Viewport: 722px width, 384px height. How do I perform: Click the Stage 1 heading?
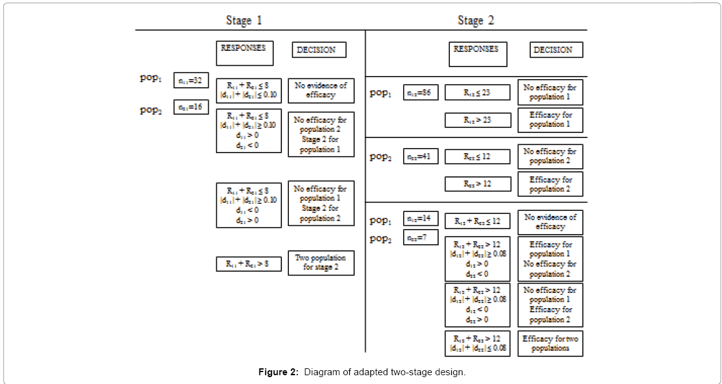244,21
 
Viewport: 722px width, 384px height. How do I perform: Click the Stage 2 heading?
476,21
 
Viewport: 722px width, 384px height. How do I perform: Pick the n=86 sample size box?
421,92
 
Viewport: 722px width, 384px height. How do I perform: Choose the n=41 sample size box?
421,156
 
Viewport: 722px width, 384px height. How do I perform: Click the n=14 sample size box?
421,219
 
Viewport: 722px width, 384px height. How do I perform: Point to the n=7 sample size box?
421,238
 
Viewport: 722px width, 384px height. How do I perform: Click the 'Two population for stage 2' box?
321,263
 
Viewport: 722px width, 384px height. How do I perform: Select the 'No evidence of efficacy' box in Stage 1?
321,90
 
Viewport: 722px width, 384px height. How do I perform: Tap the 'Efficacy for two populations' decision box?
550,343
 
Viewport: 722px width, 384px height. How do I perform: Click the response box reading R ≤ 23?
478,92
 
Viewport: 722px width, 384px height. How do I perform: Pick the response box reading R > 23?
478,120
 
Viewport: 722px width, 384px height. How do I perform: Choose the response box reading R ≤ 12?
478,156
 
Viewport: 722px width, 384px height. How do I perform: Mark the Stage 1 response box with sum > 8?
248,264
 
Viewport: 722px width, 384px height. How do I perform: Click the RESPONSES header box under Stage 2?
478,53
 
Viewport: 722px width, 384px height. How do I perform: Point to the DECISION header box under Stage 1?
319,50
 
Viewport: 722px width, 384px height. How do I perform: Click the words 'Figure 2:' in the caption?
278,372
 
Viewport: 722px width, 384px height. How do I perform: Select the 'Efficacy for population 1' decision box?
550,120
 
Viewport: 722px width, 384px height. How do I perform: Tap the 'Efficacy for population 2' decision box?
550,184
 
